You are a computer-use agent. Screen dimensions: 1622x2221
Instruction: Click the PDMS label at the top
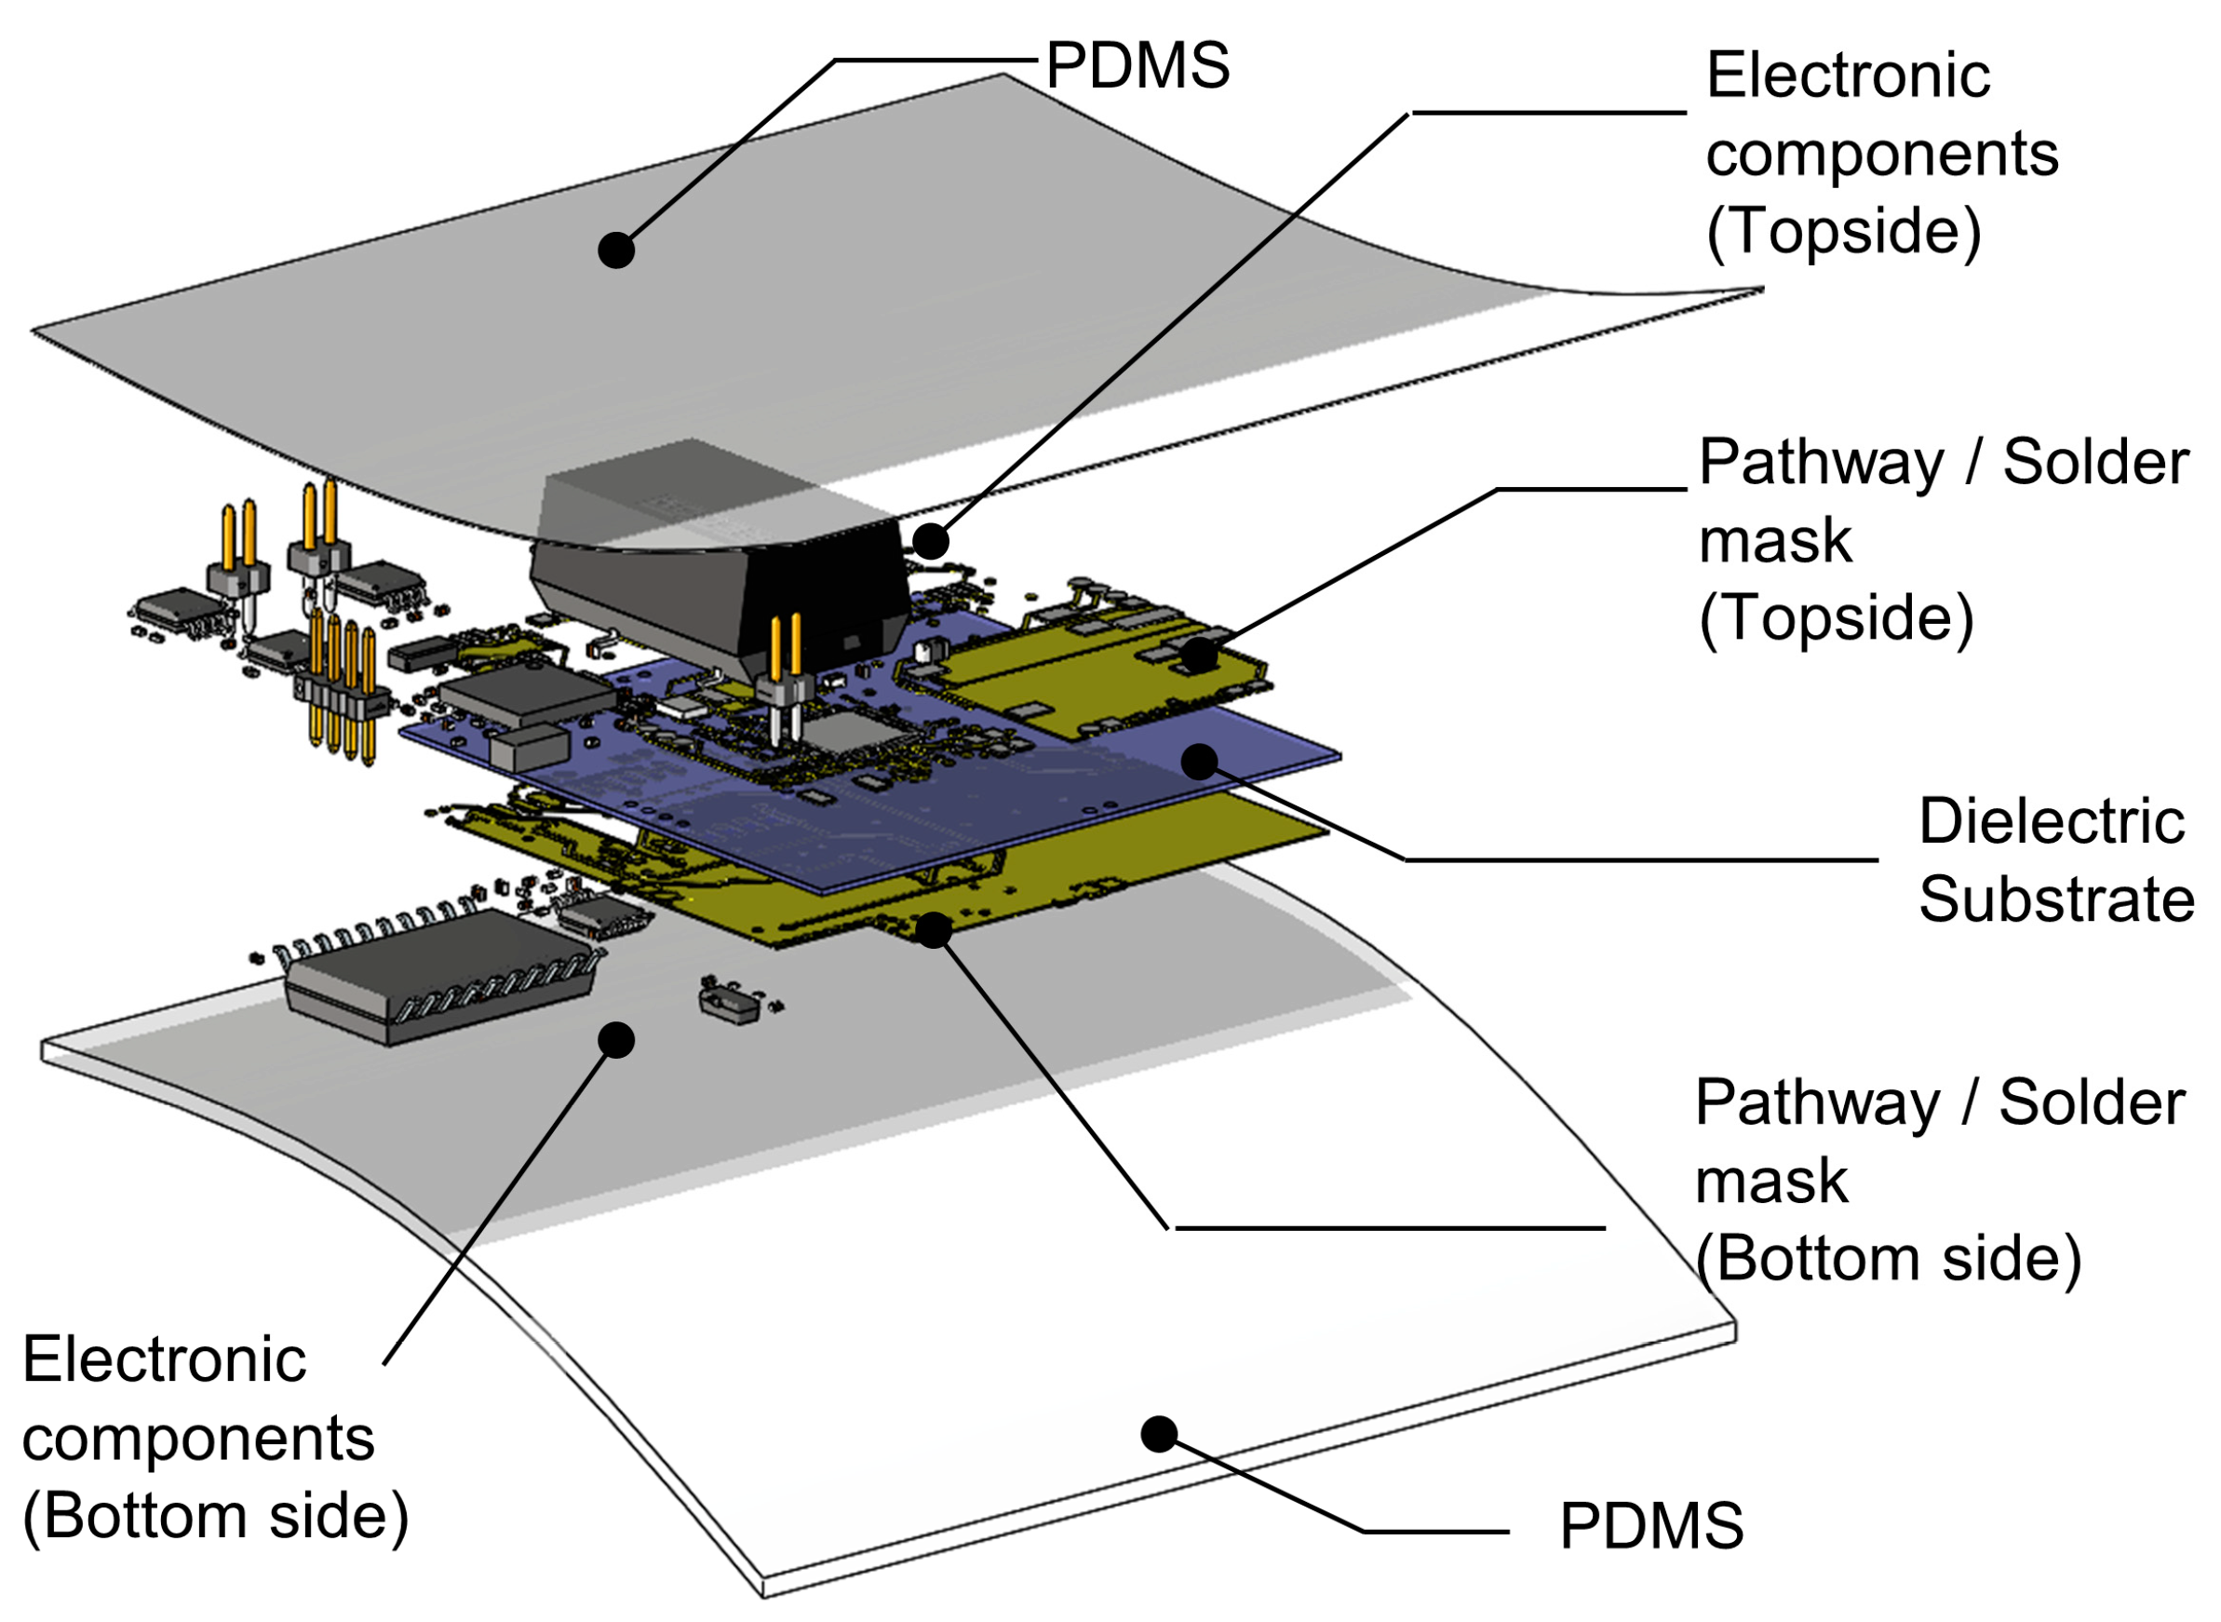1137,67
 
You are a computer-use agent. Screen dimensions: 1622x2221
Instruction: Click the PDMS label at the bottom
1650,1526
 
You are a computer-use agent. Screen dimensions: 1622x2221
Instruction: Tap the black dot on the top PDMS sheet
615,250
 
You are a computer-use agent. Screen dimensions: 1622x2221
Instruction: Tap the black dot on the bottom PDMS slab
1158,1435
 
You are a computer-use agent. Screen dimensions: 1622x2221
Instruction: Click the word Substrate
2055,899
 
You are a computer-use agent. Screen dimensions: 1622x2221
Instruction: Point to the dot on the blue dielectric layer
1199,761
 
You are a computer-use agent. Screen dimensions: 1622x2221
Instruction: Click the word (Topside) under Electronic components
1843,232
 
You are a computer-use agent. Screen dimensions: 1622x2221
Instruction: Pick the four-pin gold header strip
341,692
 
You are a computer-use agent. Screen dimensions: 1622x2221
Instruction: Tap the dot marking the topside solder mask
1198,655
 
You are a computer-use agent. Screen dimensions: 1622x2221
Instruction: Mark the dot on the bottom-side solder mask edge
934,930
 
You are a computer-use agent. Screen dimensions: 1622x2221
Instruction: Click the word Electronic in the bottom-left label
164,1361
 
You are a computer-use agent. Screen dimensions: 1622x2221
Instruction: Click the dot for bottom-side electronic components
615,1040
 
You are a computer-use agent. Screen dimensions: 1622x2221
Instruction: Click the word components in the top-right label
1880,155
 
